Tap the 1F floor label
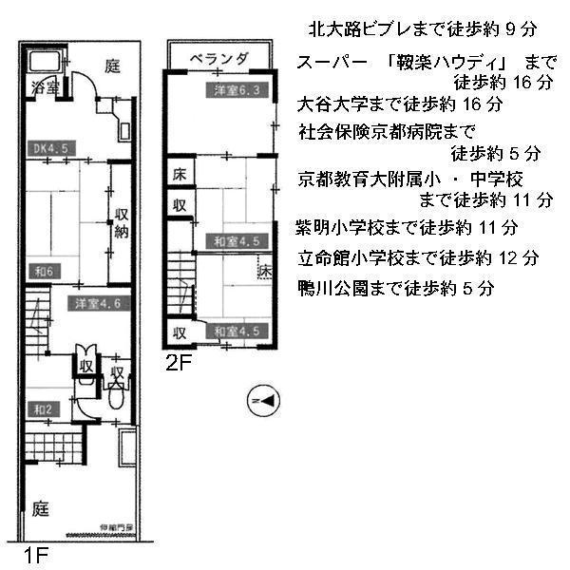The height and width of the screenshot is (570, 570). click(35, 552)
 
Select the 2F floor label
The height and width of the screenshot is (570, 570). click(180, 361)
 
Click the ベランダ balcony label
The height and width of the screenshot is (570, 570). click(218, 59)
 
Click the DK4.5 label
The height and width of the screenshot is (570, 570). click(49, 147)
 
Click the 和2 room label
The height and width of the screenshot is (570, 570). click(44, 409)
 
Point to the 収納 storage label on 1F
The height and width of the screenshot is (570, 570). click(123, 221)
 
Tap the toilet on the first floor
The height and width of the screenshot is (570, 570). click(116, 397)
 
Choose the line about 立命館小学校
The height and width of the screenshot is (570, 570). click(418, 257)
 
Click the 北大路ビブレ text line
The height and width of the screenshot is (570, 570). click(425, 28)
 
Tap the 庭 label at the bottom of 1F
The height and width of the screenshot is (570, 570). click(41, 507)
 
